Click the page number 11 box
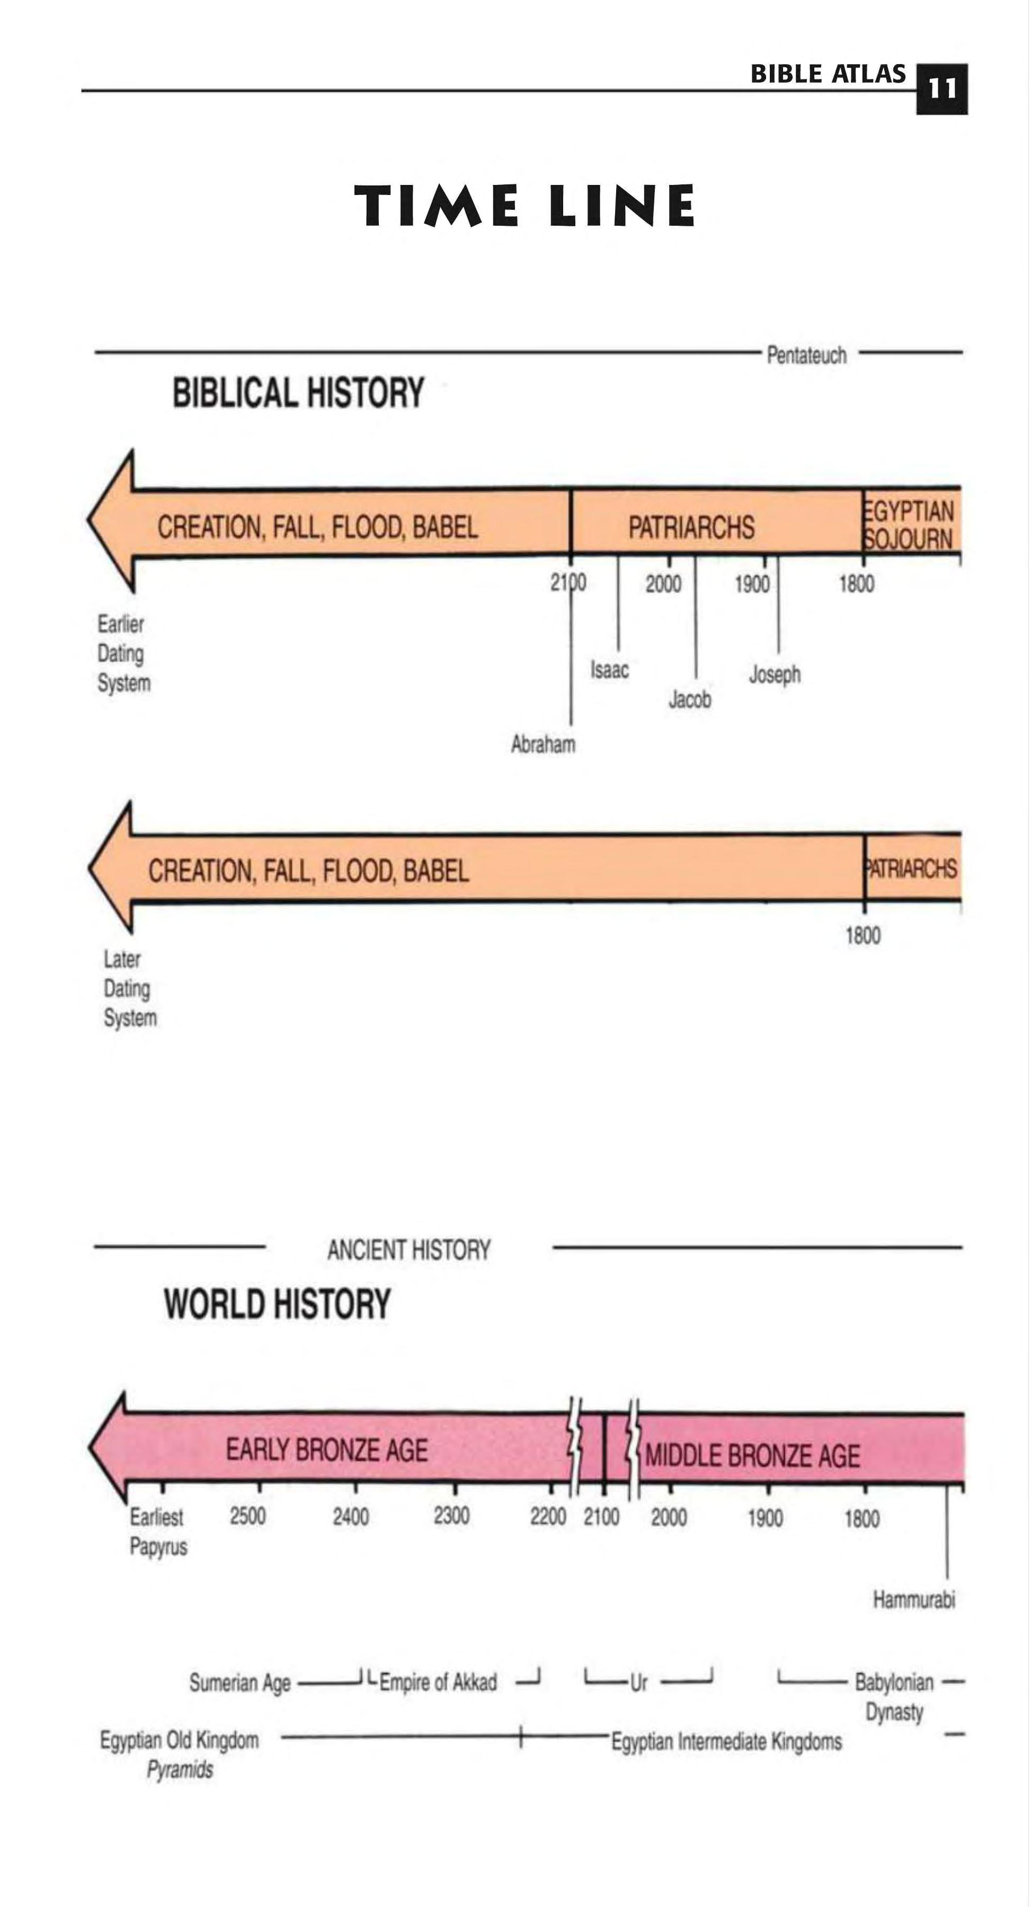(941, 89)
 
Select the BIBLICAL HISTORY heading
(298, 392)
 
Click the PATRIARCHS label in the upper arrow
(691, 527)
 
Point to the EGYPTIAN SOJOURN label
(908, 525)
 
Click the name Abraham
(543, 744)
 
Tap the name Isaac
(609, 670)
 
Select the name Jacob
(690, 699)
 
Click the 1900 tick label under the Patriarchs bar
(752, 584)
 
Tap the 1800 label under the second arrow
(863, 936)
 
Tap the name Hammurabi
(914, 1599)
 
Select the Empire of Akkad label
(438, 1683)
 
